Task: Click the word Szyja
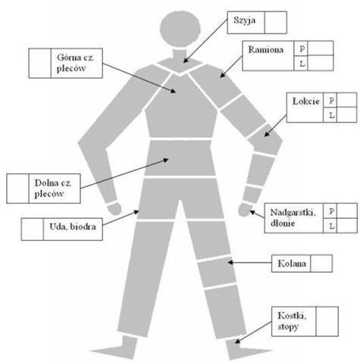[244, 20]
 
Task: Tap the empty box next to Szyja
[276, 23]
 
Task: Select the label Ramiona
[266, 49]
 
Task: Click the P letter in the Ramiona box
[302, 48]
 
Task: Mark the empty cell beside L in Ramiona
[321, 63]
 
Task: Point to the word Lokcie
[306, 101]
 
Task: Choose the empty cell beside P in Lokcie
[346, 100]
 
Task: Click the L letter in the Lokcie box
[332, 115]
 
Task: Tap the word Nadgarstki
[293, 213]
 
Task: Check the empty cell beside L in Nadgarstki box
[347, 226]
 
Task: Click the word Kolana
[292, 264]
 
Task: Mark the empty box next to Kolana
[321, 264]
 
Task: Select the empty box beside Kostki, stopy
[327, 321]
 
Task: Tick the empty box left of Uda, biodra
[33, 229]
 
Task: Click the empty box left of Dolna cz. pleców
[17, 189]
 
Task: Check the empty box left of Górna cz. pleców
[40, 63]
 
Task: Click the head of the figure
[180, 29]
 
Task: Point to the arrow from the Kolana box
[249, 263]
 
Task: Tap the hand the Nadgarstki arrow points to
[244, 210]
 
